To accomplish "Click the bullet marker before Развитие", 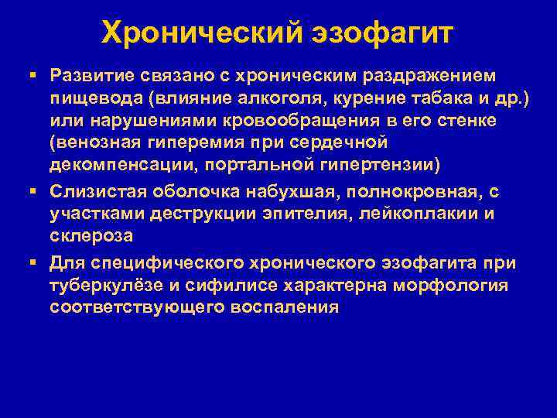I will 32,77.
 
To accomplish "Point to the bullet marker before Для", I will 32,264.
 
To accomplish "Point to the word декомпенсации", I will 108,166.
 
